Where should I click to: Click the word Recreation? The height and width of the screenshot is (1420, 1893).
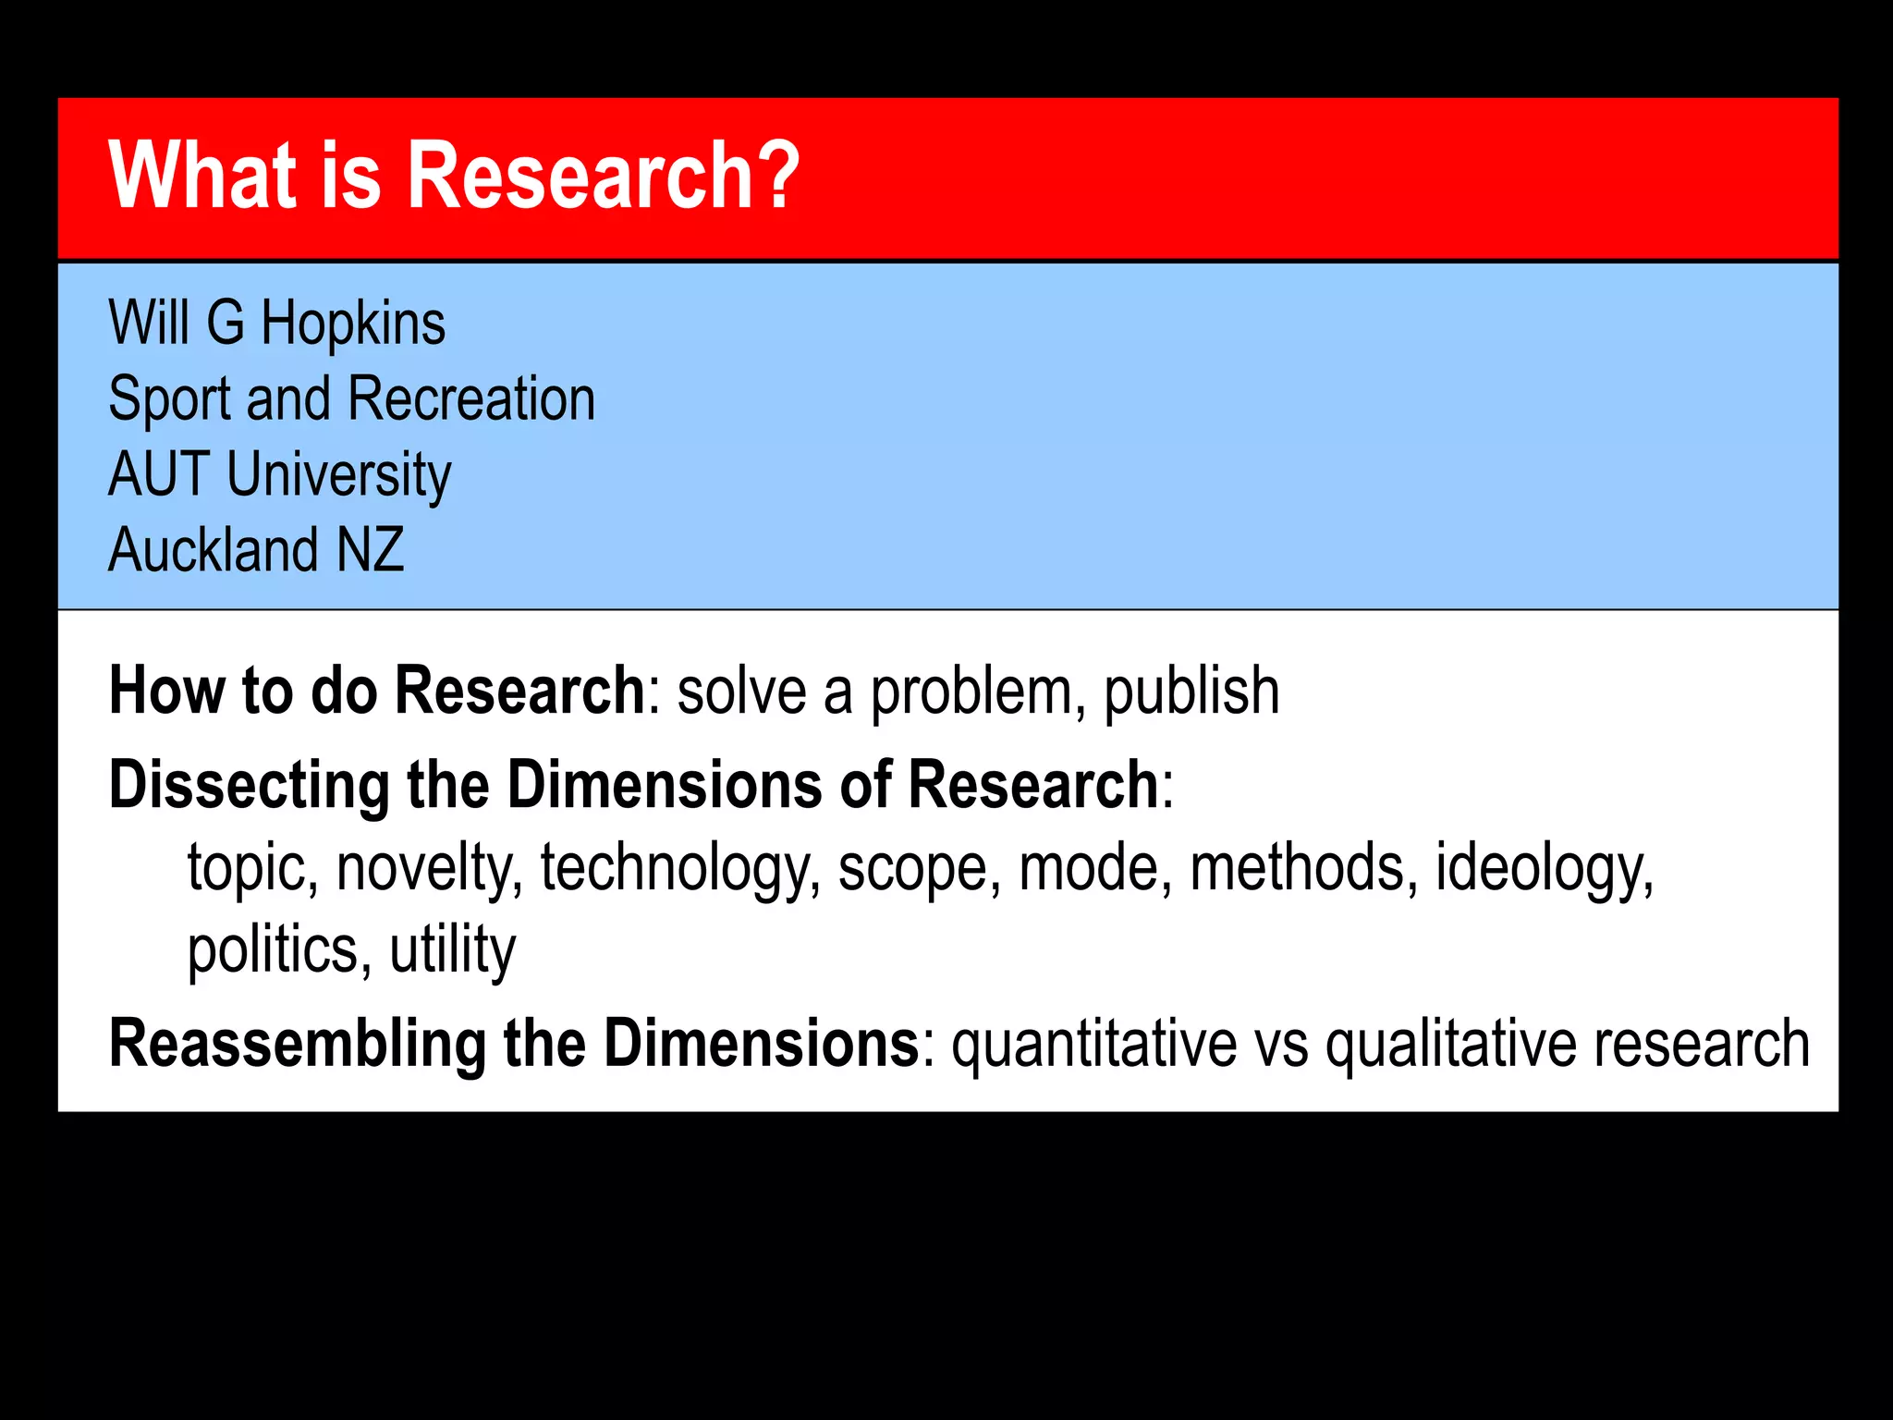471,399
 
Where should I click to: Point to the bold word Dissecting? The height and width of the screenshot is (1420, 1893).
250,786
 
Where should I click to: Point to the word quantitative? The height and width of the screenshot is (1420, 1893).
1094,1045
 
